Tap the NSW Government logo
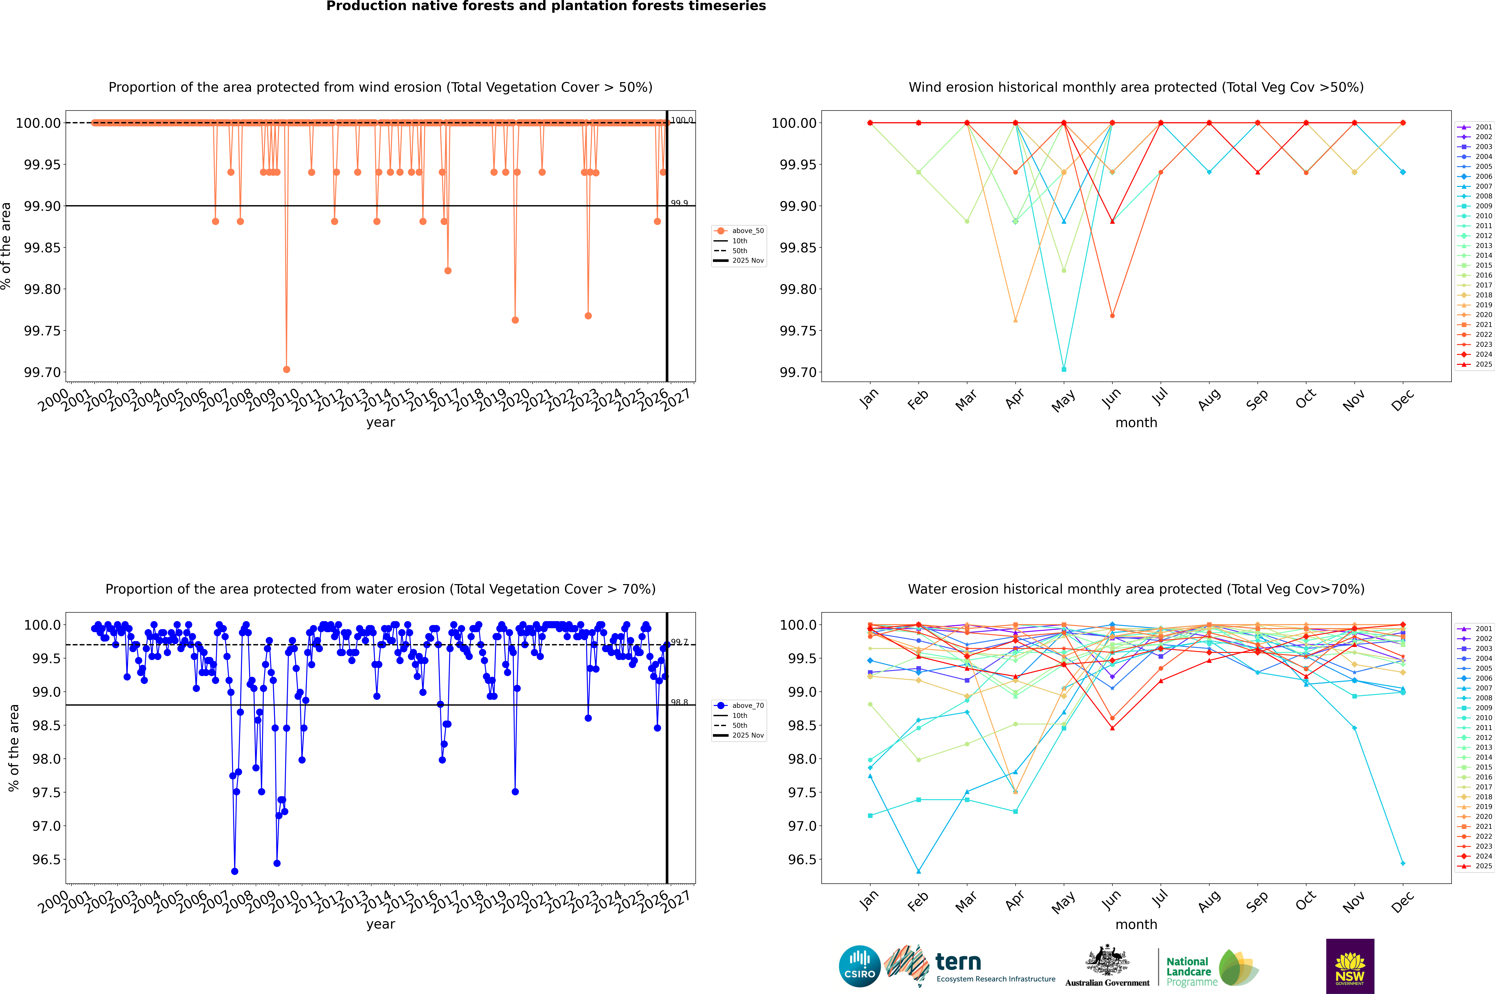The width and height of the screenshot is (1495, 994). click(x=1350, y=966)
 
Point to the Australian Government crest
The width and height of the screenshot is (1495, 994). click(x=1107, y=962)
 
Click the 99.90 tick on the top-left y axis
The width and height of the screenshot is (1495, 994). click(x=42, y=206)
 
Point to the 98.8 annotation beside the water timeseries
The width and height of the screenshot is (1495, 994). click(x=679, y=702)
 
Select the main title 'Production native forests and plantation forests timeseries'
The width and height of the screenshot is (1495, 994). click(x=546, y=6)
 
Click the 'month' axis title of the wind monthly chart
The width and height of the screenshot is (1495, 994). click(x=1136, y=423)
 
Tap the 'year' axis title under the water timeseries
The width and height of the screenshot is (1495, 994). click(x=380, y=924)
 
